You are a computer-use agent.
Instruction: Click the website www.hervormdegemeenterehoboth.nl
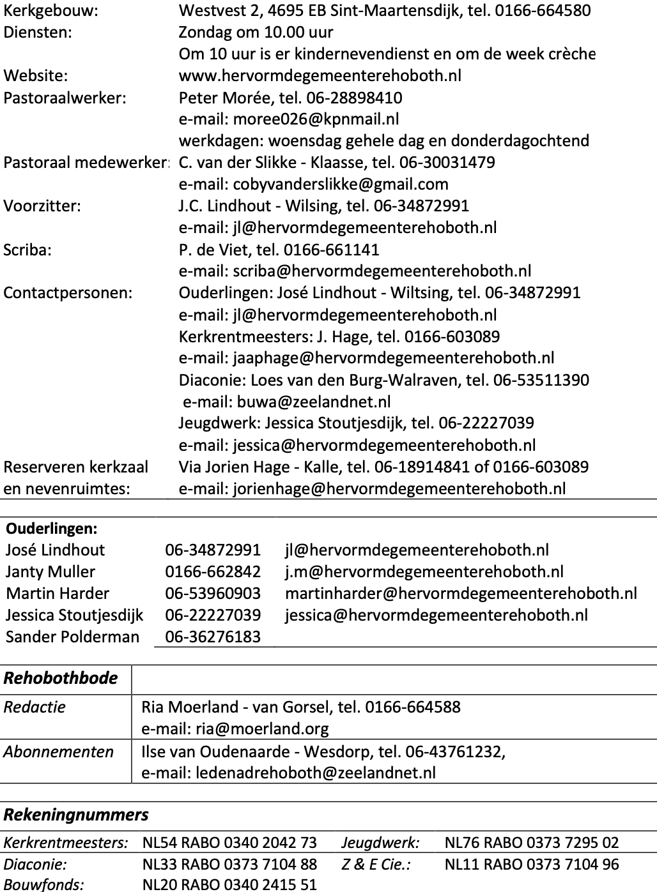click(x=320, y=76)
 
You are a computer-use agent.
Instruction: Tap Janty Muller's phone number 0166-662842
click(x=213, y=572)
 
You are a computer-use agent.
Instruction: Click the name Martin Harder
click(x=58, y=594)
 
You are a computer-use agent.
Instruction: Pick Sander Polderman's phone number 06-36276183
click(x=213, y=637)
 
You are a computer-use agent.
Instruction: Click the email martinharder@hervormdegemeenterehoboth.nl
click(x=461, y=594)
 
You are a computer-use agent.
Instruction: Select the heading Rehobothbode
click(x=61, y=678)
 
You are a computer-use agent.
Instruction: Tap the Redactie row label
click(x=35, y=707)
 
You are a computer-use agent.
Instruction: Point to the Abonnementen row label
click(x=58, y=752)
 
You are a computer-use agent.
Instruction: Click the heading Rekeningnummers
click(x=76, y=815)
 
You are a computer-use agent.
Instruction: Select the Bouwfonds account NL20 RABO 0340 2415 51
click(x=229, y=885)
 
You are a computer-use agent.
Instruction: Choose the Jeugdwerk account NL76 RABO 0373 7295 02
click(x=532, y=843)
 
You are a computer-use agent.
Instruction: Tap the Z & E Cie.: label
click(x=376, y=865)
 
